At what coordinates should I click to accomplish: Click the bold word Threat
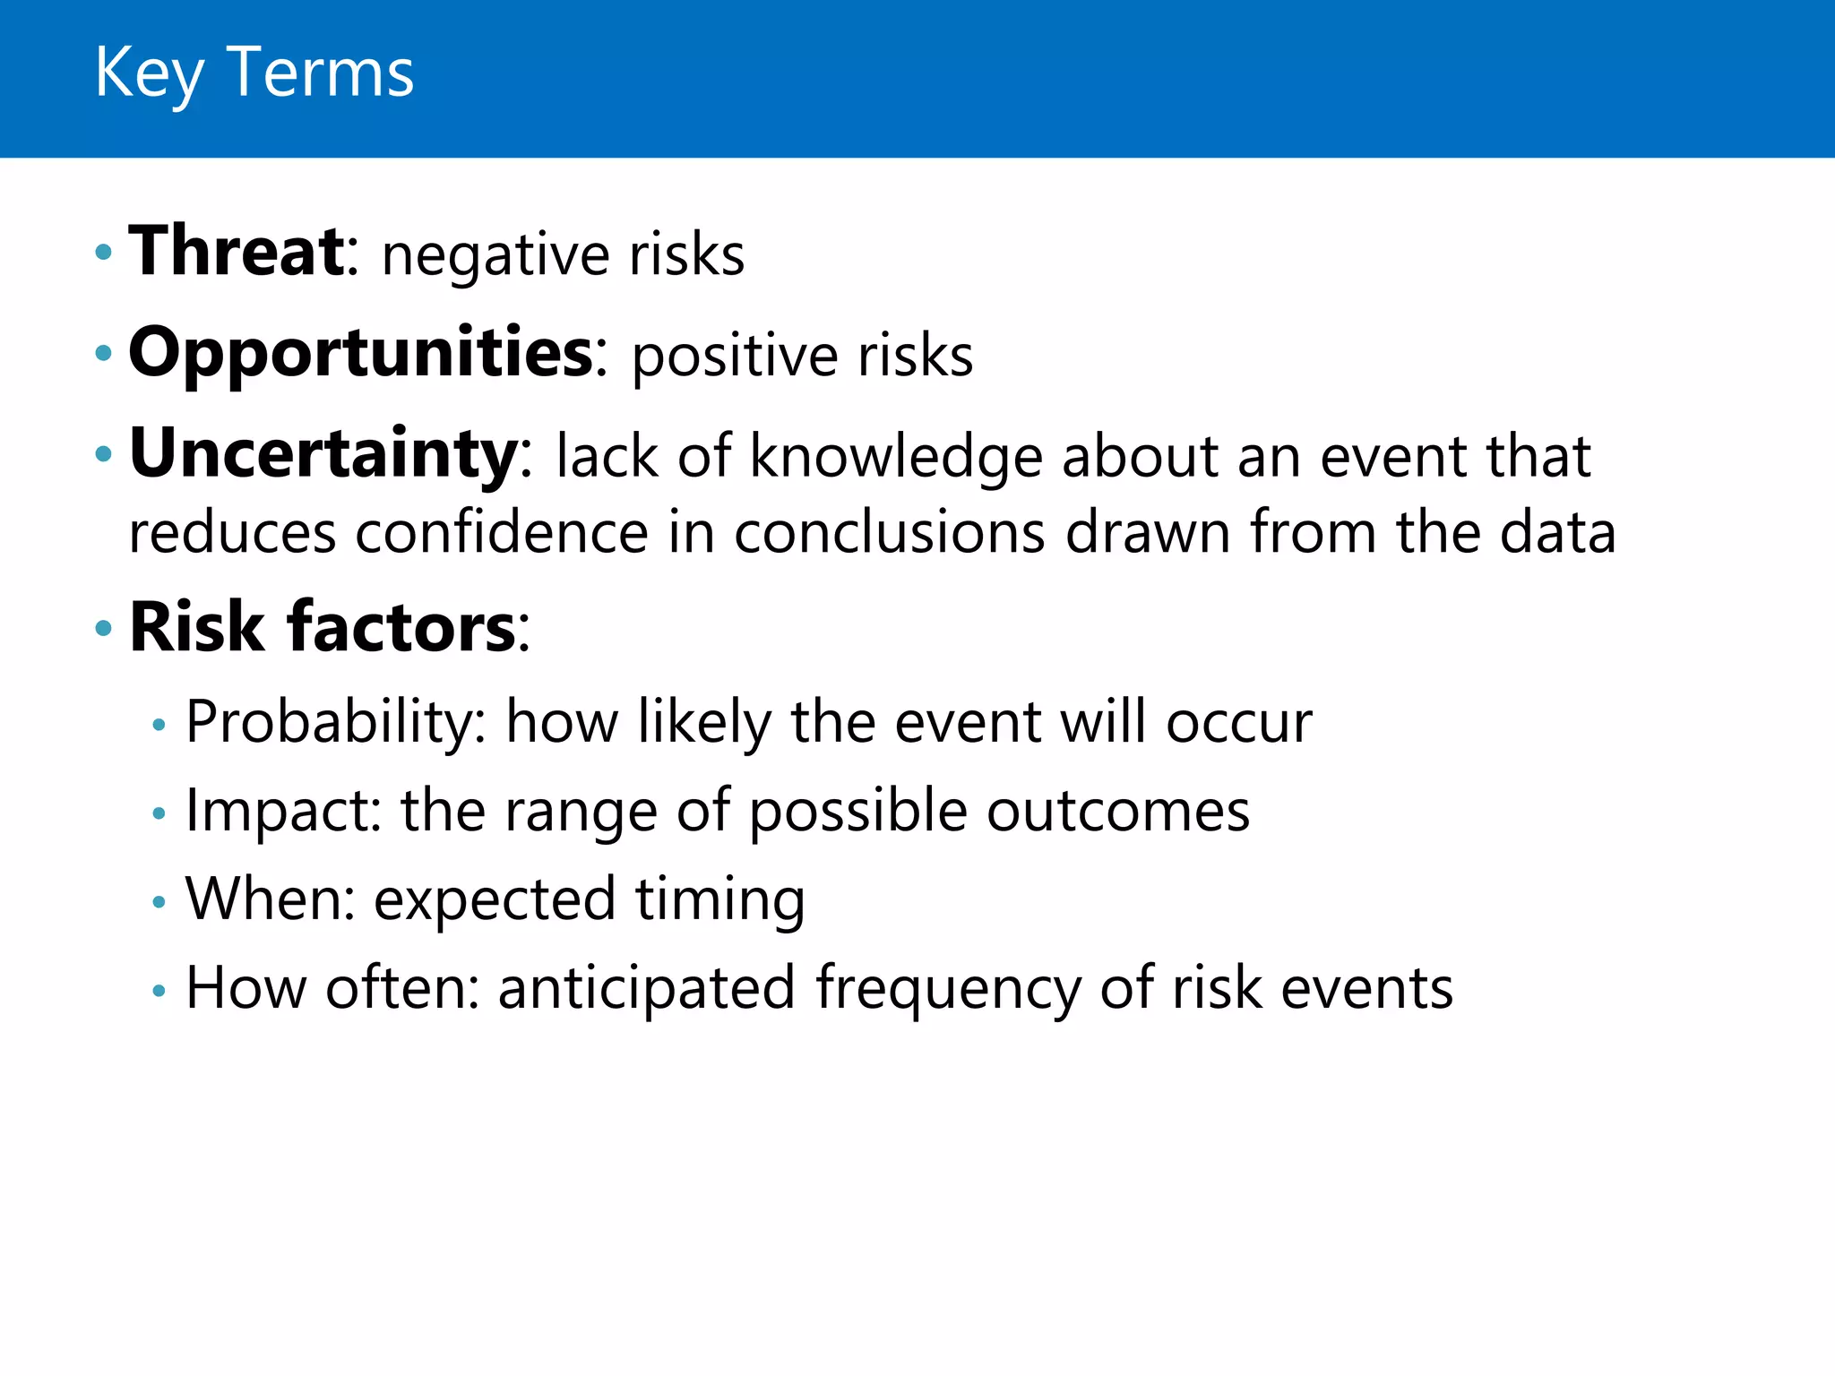[x=237, y=252]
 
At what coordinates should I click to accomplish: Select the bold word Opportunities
[x=361, y=353]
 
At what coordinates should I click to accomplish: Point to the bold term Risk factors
[x=323, y=626]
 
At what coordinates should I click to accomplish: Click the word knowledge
[x=895, y=458]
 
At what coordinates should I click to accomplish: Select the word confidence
[x=501, y=532]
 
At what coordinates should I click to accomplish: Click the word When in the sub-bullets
[x=263, y=899]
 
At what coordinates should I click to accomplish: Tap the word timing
[x=719, y=900]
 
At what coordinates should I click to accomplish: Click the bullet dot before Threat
[x=104, y=253]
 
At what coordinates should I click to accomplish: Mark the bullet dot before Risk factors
[x=104, y=628]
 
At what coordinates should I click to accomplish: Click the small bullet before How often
[x=159, y=991]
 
